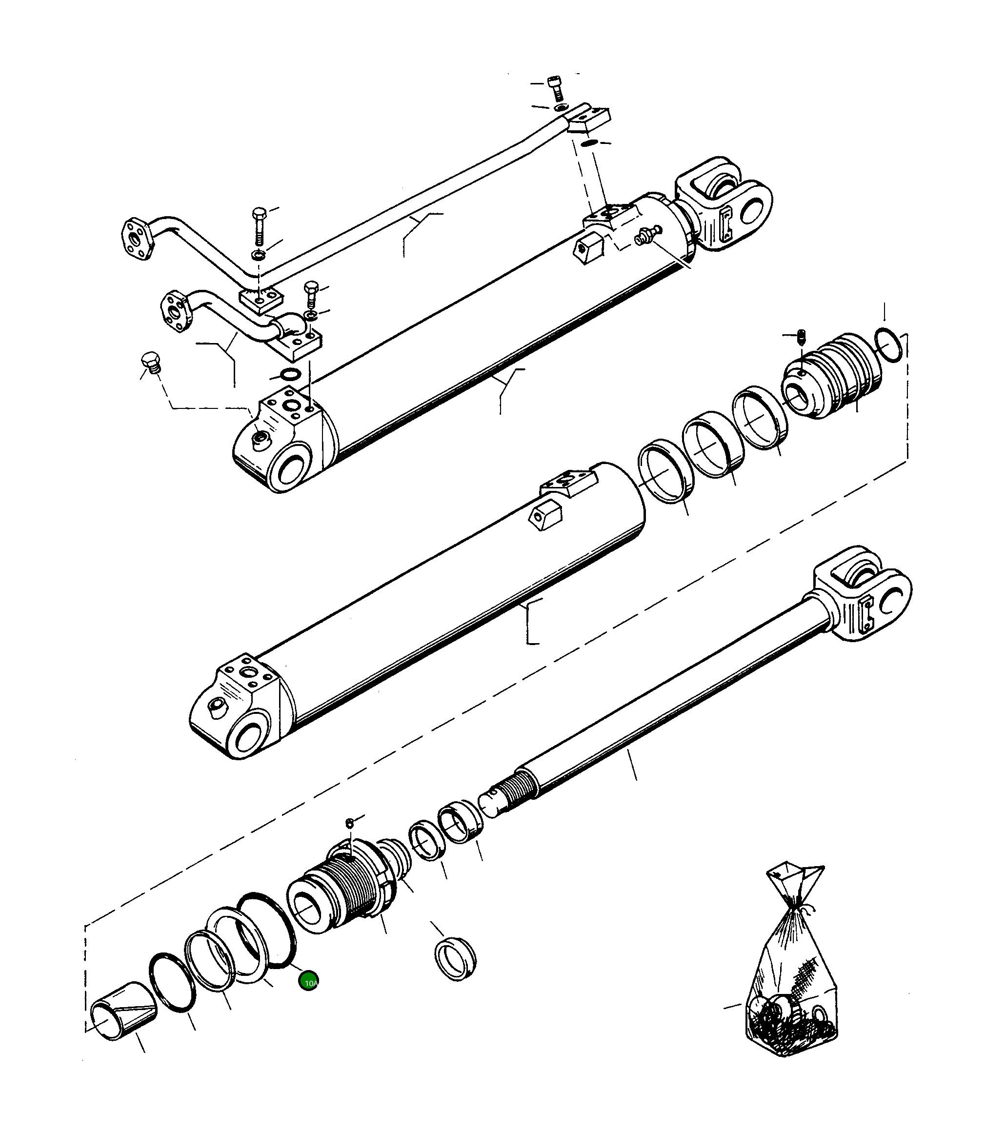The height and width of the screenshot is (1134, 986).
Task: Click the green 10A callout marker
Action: [308, 982]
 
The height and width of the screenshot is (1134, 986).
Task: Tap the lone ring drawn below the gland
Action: [455, 960]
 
